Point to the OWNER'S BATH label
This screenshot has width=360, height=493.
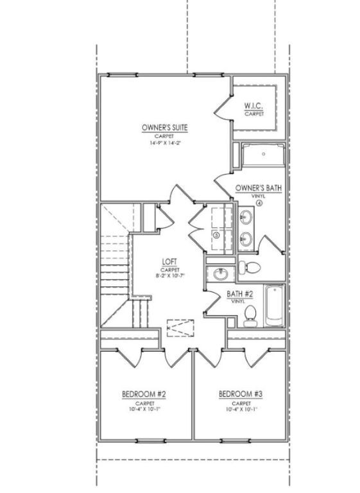point(259,188)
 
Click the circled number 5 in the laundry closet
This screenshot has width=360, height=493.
point(216,236)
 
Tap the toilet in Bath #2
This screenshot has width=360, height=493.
point(251,313)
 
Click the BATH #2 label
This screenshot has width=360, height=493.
point(240,294)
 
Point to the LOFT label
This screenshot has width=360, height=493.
point(170,262)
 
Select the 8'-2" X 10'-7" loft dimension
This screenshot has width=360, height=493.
point(170,275)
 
